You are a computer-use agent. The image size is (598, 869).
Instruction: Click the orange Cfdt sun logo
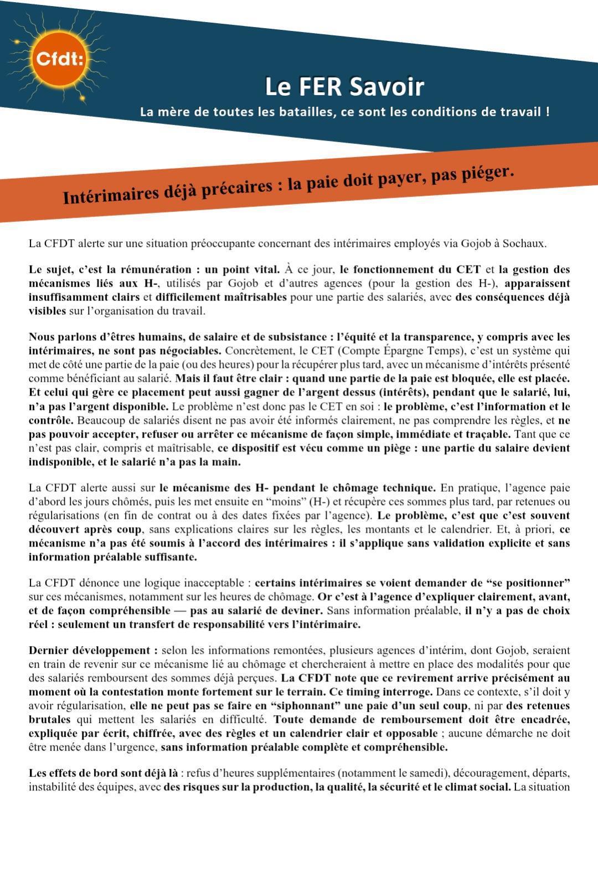point(58,58)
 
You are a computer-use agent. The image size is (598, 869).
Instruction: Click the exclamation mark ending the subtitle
point(548,111)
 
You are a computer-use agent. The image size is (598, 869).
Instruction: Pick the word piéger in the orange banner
point(487,173)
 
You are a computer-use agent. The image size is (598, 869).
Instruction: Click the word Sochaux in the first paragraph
point(524,243)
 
